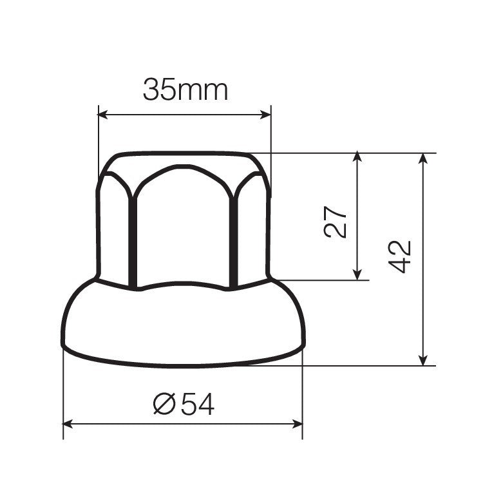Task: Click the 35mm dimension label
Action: coord(185,90)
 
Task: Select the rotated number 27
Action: coord(336,222)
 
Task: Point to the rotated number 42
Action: coord(401,256)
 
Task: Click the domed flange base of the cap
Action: coord(183,325)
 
